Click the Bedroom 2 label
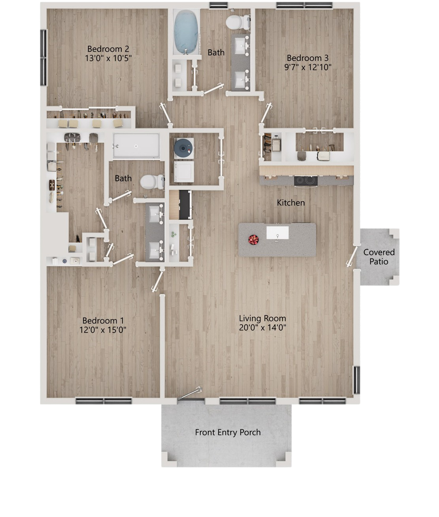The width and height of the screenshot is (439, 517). tap(108, 49)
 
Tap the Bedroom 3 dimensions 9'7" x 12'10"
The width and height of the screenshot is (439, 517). tap(307, 67)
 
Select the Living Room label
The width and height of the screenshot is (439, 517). tap(262, 318)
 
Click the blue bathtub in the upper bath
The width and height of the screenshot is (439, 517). tap(186, 32)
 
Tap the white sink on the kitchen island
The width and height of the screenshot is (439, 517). tap(277, 233)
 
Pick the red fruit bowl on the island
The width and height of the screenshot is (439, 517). tap(253, 240)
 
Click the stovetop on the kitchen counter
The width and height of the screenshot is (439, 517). tap(305, 180)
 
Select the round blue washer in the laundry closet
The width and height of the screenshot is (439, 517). tap(184, 148)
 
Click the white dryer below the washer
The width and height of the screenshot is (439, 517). tap(184, 171)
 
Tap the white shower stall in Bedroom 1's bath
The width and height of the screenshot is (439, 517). tap(136, 146)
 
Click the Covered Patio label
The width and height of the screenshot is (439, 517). tap(379, 257)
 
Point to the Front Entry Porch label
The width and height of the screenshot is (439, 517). tap(228, 432)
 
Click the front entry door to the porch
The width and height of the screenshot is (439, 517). tap(190, 393)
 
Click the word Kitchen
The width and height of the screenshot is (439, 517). tap(291, 203)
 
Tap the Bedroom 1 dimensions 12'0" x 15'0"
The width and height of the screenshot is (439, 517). tap(103, 330)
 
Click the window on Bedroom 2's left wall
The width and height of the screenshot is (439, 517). tap(43, 58)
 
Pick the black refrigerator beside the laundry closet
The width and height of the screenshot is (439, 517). tap(185, 205)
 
